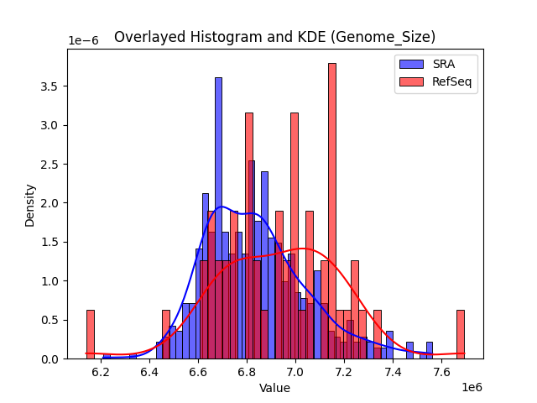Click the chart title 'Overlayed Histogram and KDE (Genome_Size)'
click(274, 37)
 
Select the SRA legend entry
click(436, 64)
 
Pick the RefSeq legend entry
click(436, 82)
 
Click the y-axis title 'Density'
click(30, 204)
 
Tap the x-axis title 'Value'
click(274, 389)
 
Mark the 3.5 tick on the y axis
click(51, 86)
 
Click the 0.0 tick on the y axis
click(51, 359)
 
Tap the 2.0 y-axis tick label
click(51, 203)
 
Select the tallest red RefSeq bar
click(332, 210)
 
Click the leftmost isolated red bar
click(91, 334)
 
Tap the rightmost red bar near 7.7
click(461, 334)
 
